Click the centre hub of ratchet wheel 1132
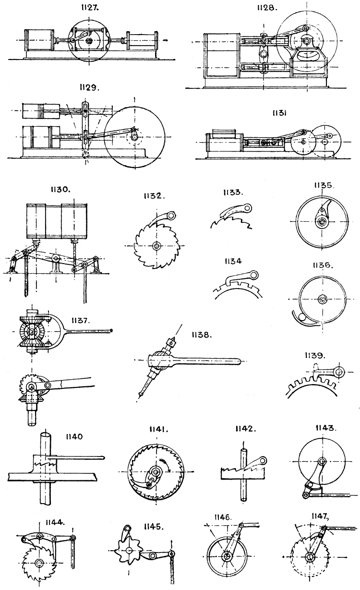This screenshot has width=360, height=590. pos(156,246)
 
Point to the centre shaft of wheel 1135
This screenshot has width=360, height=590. pos(320,222)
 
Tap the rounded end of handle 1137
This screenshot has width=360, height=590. pos(111,330)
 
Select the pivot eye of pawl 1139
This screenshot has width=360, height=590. pos(340,371)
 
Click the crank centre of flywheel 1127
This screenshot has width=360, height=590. pos(89,41)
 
